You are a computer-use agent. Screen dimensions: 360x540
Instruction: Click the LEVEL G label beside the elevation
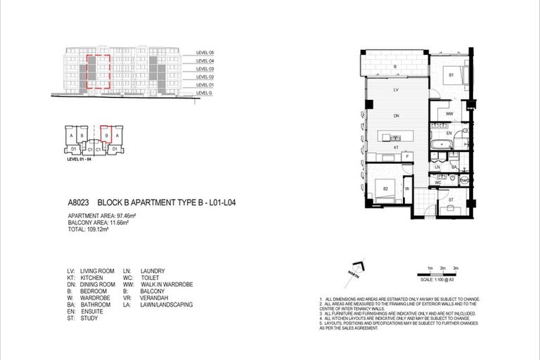tap(205, 94)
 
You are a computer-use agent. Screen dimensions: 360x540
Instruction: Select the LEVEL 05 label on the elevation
tap(206, 53)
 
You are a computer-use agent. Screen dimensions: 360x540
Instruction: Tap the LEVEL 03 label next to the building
tap(206, 69)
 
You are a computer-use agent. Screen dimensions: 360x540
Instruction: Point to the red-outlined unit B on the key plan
tap(106, 134)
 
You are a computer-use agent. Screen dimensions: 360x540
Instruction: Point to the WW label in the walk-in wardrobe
tap(448, 112)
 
